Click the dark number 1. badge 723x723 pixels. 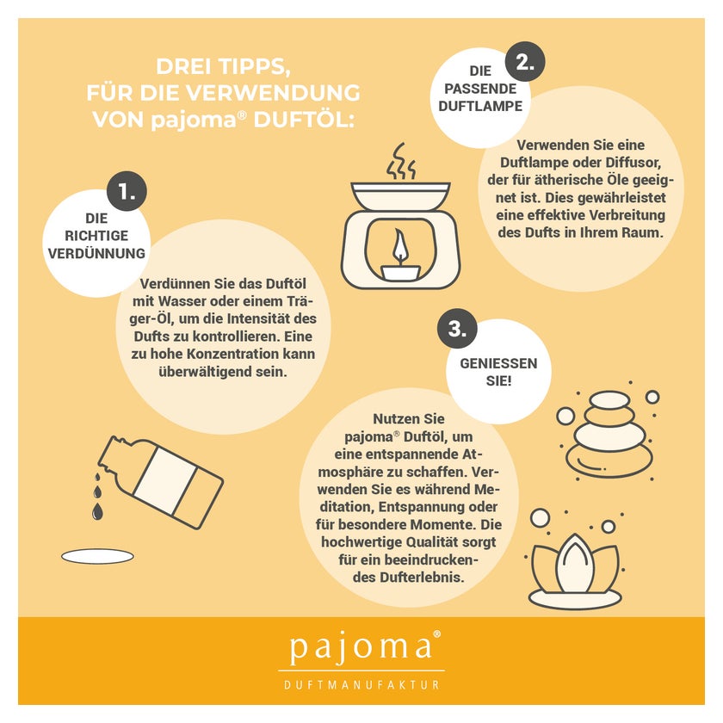pyautogui.click(x=127, y=191)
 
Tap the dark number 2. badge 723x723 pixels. pyautogui.click(x=525, y=62)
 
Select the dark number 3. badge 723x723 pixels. pyautogui.click(x=457, y=329)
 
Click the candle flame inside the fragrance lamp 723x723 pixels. pyautogui.click(x=399, y=248)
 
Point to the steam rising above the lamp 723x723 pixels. pyautogui.click(x=401, y=161)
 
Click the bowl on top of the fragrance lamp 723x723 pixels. pyautogui.click(x=400, y=196)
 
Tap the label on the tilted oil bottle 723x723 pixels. pyautogui.click(x=166, y=481)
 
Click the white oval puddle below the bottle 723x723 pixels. pyautogui.click(x=98, y=557)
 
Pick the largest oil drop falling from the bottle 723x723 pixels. pyautogui.click(x=96, y=512)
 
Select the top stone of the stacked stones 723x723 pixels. pyautogui.click(x=610, y=399)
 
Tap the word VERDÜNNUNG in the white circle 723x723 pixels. pyautogui.click(x=96, y=253)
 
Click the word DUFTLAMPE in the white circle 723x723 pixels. pyautogui.click(x=480, y=106)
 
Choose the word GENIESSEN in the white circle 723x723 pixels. pyautogui.click(x=498, y=363)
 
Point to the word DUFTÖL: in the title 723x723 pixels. pyautogui.click(x=304, y=120)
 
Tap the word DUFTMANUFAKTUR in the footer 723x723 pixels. pyautogui.click(x=361, y=685)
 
